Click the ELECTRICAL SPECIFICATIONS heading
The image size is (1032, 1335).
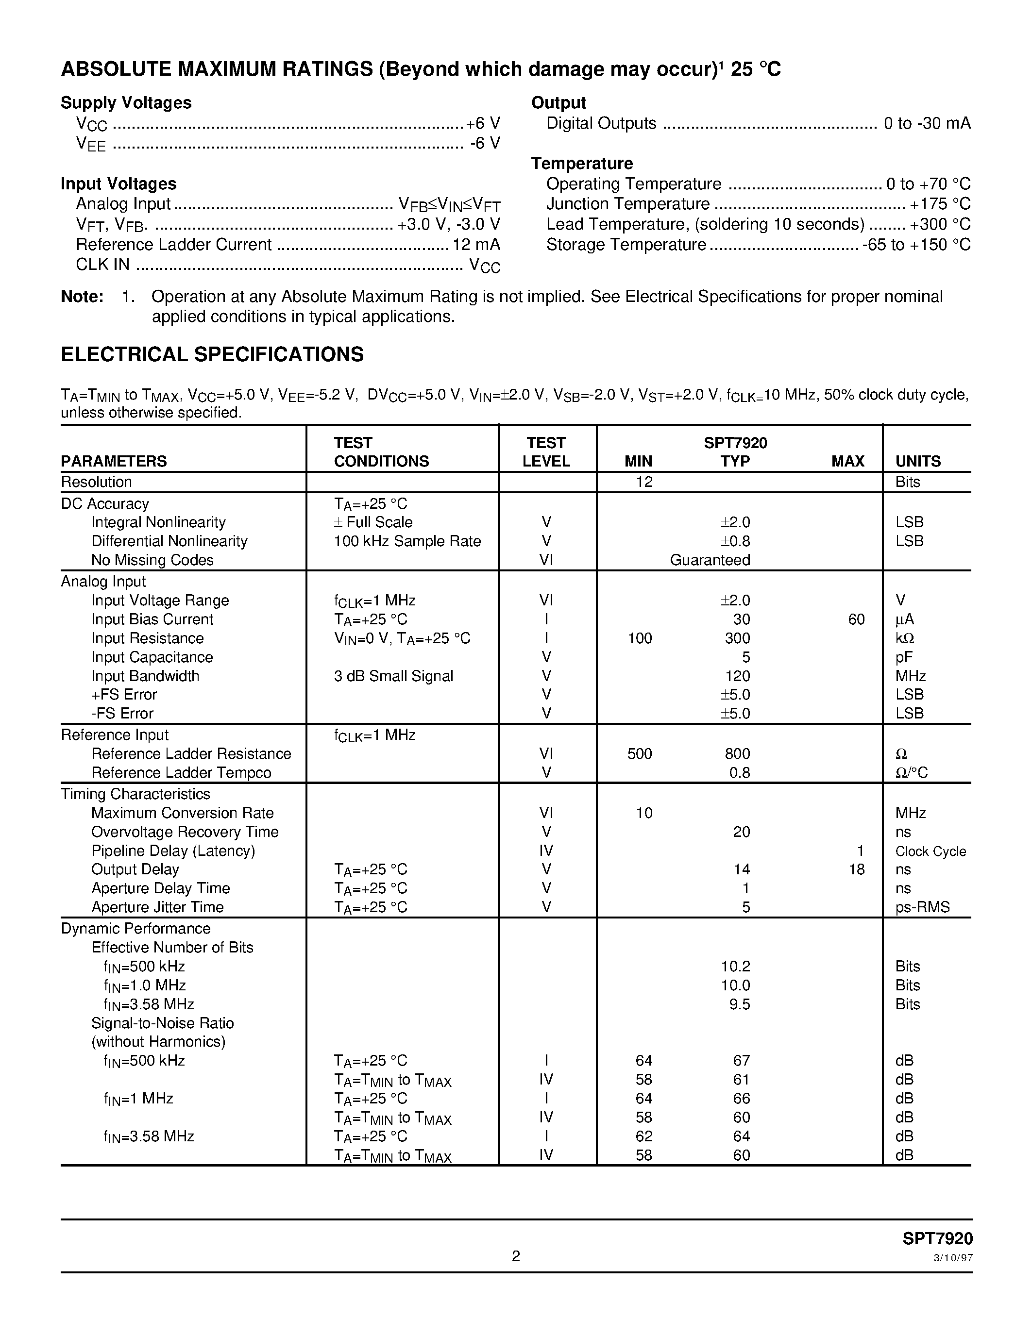click(212, 354)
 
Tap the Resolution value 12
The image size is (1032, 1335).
click(644, 482)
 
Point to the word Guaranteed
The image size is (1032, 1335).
click(710, 560)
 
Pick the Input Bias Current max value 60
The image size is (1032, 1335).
click(856, 619)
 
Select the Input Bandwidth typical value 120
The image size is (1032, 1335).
click(737, 676)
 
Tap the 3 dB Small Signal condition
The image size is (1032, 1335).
click(393, 676)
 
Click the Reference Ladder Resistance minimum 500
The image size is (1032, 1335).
click(640, 754)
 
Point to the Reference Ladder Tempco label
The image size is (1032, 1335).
click(181, 773)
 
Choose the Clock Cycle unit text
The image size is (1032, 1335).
click(930, 851)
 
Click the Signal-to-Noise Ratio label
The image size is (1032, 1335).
click(162, 1023)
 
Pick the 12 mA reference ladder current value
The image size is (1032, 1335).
click(475, 245)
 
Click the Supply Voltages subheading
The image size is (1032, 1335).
click(126, 103)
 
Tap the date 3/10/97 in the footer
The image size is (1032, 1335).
click(953, 1258)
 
